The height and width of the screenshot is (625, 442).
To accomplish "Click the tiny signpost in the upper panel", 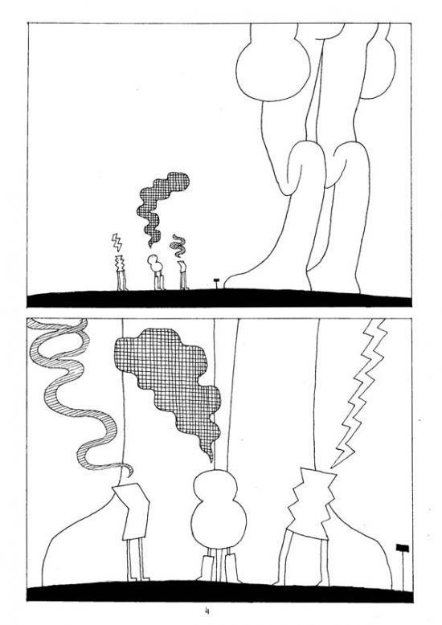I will [215, 280].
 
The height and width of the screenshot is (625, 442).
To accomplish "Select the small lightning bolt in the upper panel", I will [117, 241].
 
